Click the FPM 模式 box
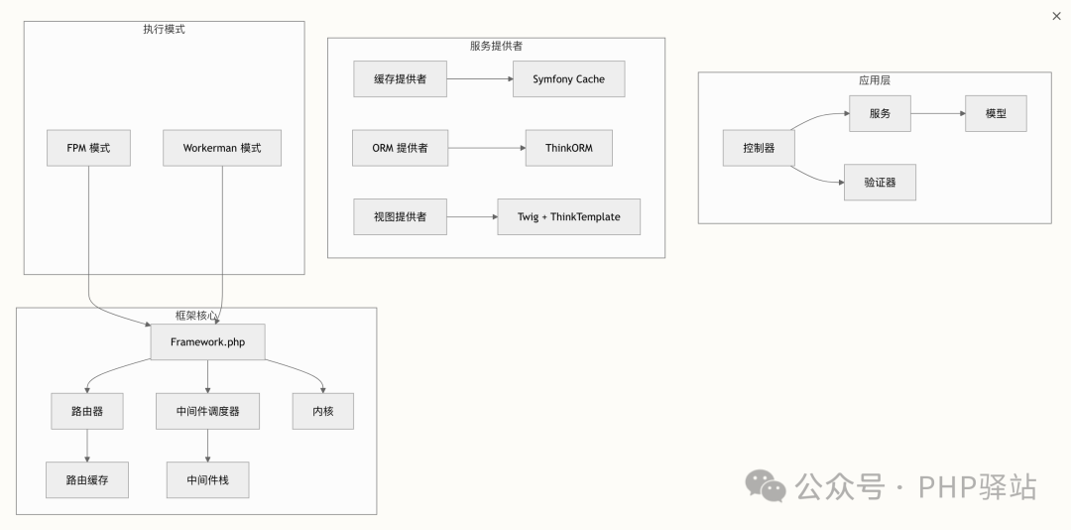pos(89,148)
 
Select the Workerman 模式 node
pos(222,148)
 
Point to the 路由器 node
pos(87,411)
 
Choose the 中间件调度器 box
pos(207,411)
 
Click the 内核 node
pos(323,411)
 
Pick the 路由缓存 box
pos(87,479)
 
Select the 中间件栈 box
pos(207,479)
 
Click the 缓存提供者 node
pos(400,79)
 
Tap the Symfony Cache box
pos(568,79)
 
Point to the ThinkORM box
pos(568,148)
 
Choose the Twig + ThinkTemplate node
pos(568,216)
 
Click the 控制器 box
pos(759,148)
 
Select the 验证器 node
pos(880,183)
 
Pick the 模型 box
pos(996,113)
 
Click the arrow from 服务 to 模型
pos(937,113)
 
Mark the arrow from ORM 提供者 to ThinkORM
pos(486,148)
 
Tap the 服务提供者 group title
pos(496,46)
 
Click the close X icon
pos(1055,16)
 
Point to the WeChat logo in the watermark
pos(766,485)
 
